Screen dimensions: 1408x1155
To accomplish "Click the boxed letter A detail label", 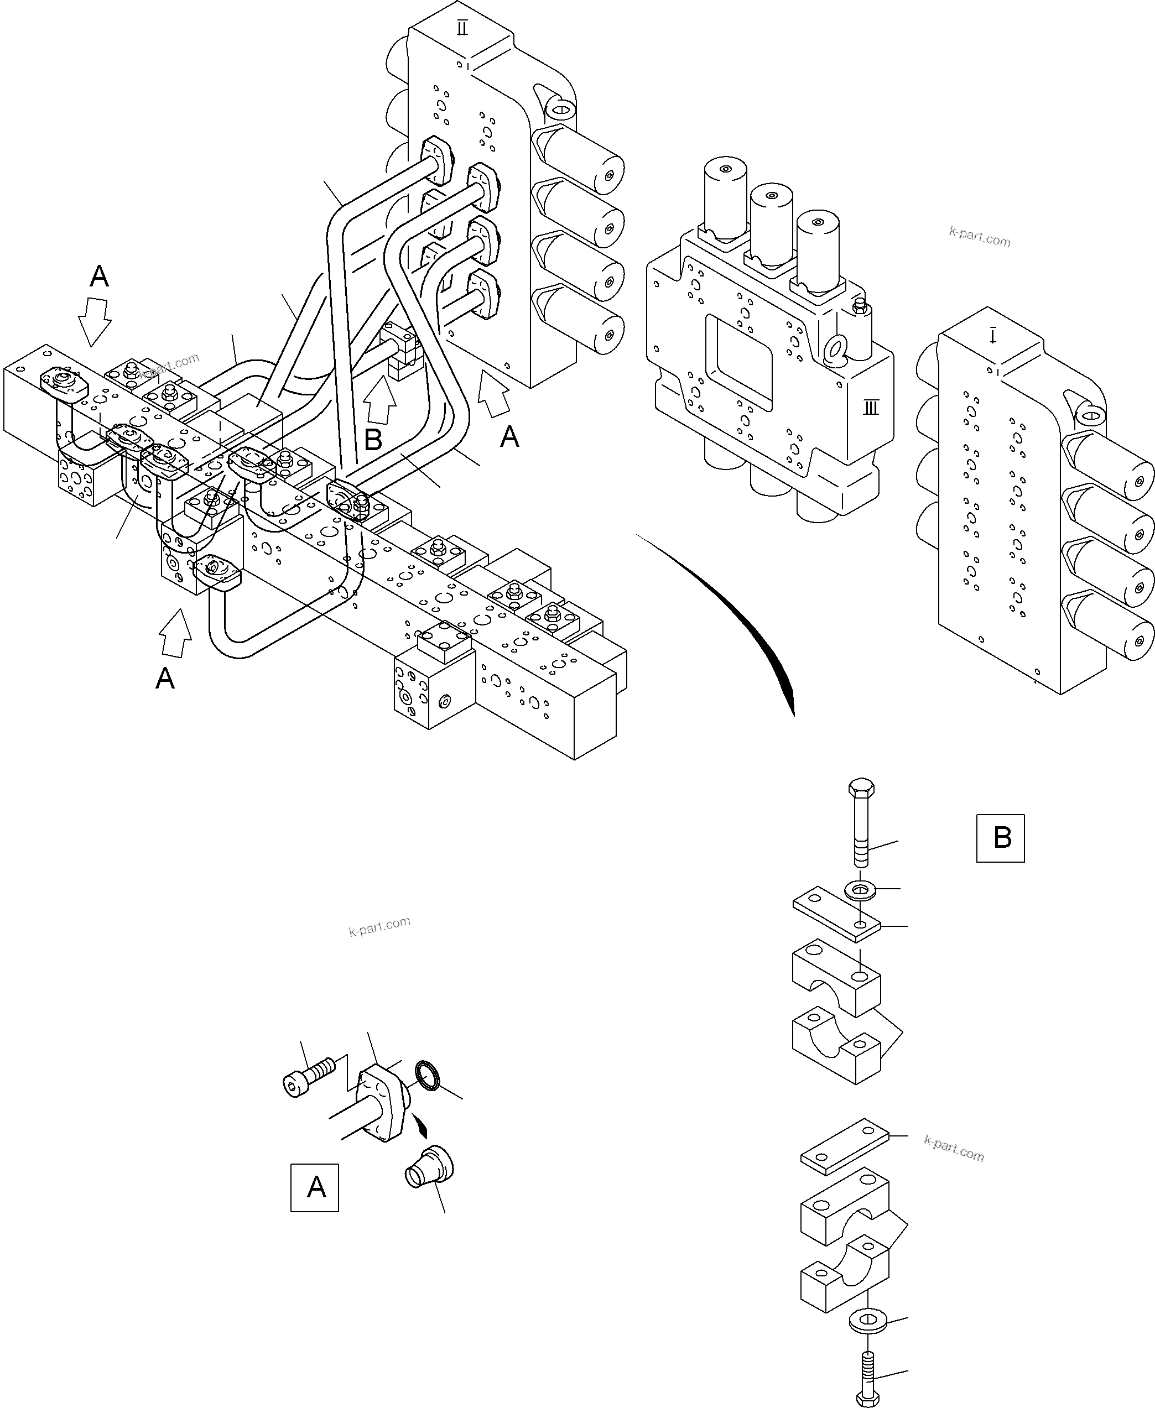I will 315,1187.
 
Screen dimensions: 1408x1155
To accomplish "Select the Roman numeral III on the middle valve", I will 871,408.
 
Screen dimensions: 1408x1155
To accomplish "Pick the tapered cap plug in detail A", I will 429,1167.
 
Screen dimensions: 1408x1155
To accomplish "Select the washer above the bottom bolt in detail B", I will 868,1319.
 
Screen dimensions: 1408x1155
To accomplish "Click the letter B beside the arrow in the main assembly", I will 373,440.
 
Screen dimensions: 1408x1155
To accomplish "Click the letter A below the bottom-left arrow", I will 164,679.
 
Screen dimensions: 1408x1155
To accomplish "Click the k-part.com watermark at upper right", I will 979,236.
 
